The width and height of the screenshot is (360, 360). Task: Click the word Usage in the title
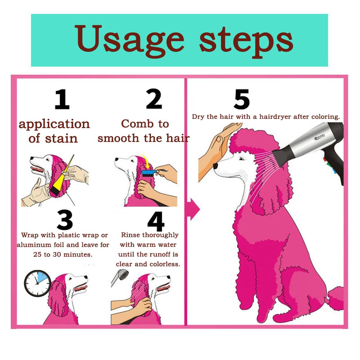[129, 41]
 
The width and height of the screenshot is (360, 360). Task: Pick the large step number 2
[154, 99]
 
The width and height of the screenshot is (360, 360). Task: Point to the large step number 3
[65, 219]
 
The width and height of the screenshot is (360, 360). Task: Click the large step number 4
[156, 221]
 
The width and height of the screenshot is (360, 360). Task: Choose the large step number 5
[241, 99]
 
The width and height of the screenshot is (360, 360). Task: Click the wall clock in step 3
[37, 283]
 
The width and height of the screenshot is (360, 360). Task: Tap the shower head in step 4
[120, 277]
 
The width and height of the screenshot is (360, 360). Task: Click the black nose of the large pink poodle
[215, 166]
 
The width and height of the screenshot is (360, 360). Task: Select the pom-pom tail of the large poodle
[335, 298]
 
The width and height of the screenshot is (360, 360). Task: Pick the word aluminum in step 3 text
[34, 245]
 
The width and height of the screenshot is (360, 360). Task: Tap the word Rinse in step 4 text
[131, 235]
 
